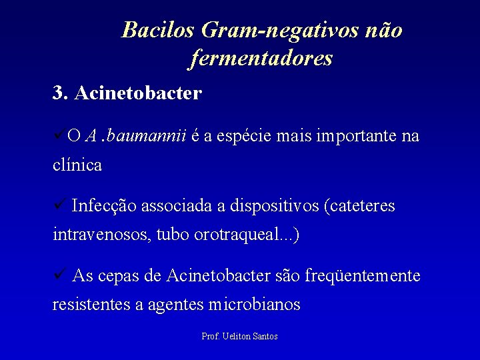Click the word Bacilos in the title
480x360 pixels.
click(159, 30)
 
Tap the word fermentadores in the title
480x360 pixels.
click(261, 59)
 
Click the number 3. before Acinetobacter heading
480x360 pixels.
click(60, 93)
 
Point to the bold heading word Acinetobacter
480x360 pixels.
click(138, 93)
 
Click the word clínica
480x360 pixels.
click(77, 165)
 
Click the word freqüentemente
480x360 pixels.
click(362, 275)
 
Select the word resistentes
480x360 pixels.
click(91, 305)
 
